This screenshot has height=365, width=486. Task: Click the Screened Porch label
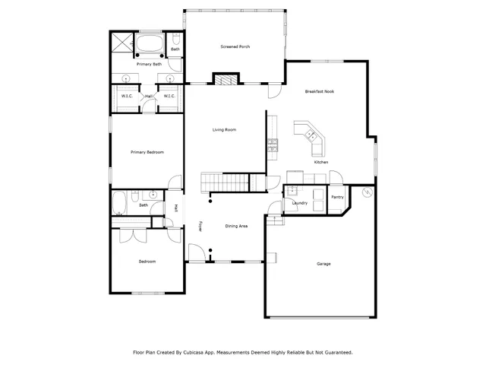coord(235,47)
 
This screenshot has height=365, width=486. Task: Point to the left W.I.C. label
coord(126,96)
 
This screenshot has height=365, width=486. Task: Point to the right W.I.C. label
coord(169,96)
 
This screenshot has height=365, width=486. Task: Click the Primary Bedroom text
coord(147,152)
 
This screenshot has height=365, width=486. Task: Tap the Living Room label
coord(224,130)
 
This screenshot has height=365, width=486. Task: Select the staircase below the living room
coord(226,182)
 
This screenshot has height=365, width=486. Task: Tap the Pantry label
coord(337,197)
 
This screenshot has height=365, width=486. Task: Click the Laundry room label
coord(299,203)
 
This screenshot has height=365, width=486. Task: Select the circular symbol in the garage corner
coord(368,193)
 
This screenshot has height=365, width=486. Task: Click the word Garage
coord(323,264)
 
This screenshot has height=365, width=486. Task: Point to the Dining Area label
coord(236,226)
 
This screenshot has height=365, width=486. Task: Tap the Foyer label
coord(200,226)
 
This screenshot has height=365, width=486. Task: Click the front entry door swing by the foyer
coord(196,253)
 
